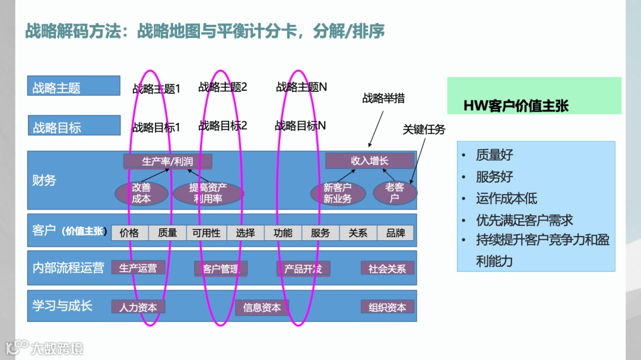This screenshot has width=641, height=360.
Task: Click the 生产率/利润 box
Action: pos(167,161)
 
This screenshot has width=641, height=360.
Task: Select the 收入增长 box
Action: pos(369,161)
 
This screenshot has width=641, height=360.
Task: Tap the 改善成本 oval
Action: pos(141,193)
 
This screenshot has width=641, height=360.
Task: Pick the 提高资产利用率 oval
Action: pos(208,193)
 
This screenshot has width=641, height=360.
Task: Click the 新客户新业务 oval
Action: pos(337,193)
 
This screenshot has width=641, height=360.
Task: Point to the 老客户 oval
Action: pos(395,193)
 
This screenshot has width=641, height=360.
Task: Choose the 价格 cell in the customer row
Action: pos(129,233)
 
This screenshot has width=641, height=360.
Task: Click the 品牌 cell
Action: pos(396,233)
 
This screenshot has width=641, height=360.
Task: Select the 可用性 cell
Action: pos(206,233)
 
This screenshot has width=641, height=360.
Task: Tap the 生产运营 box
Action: pos(138,268)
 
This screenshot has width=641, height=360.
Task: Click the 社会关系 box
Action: pos(387,269)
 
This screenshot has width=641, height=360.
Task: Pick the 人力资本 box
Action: pos(138,307)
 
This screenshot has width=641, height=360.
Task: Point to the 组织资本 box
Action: pos(387,307)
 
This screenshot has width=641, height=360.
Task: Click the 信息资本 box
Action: pos(262,307)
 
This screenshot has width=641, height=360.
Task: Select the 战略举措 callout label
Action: pos(383,98)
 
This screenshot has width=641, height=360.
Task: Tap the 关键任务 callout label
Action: pos(424,129)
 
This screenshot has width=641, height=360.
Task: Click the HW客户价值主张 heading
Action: pos(516,106)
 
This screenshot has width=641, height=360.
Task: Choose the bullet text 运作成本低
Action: pos(506,199)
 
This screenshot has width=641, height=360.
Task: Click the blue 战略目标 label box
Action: pos(74,127)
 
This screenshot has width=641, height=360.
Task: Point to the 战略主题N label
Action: pos(302,87)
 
